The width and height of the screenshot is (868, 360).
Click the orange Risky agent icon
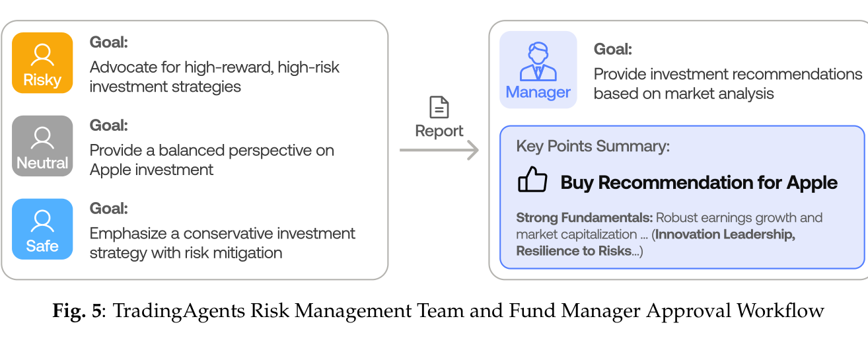(42, 63)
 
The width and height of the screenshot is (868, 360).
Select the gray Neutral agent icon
(42, 146)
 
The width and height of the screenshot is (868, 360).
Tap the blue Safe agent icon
(42, 229)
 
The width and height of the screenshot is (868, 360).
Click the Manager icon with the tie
(538, 70)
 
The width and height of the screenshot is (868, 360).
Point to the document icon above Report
(439, 107)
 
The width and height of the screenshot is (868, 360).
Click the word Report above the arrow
(439, 131)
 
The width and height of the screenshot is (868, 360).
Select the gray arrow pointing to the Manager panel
(439, 150)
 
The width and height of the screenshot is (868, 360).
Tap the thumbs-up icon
(532, 180)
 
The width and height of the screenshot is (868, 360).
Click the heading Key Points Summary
(593, 147)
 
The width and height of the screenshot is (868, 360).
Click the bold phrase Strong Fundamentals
(585, 218)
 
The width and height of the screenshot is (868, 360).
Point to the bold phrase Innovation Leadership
(725, 234)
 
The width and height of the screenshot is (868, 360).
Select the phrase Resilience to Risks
(573, 251)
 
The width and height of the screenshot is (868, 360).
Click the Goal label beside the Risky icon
(109, 42)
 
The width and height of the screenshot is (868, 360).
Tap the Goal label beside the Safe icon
(109, 209)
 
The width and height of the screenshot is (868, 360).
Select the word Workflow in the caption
(780, 310)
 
